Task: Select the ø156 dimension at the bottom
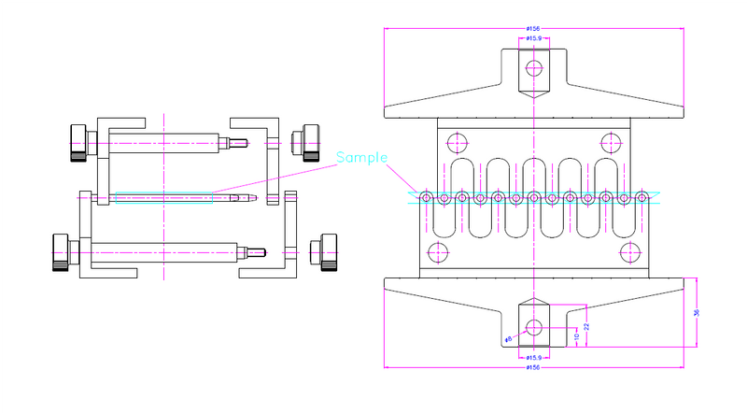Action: tap(534, 367)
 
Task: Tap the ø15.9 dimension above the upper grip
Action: tap(534, 38)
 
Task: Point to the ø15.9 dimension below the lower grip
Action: tap(534, 358)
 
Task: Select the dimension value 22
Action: tap(586, 326)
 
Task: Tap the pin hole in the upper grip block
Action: tap(534, 67)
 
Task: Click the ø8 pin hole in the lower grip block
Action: tap(534, 326)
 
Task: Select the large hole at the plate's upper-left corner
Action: tap(458, 143)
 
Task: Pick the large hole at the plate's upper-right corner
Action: tap(611, 143)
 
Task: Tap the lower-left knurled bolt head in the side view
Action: tap(62, 251)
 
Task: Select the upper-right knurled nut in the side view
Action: tap(305, 141)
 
